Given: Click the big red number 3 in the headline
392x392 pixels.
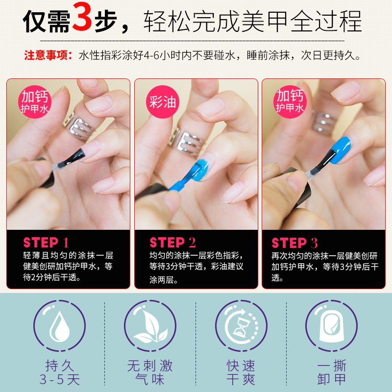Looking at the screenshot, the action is click(82, 17).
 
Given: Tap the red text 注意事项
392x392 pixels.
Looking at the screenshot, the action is click(48, 55).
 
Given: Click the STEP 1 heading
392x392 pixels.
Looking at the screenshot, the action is click(46, 243).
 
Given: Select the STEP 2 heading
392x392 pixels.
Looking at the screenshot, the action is click(172, 243).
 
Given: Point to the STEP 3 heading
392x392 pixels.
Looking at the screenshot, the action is click(294, 243).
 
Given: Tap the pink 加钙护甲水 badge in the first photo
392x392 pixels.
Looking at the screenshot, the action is click(34, 102).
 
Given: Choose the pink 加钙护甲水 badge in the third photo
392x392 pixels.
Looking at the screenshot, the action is click(290, 102).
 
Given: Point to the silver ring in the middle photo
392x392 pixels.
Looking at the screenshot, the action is click(188, 141).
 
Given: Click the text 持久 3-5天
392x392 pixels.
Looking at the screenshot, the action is click(59, 372).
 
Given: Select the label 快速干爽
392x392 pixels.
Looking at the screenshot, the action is click(241, 372).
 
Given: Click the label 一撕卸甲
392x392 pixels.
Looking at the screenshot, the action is click(332, 372).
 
